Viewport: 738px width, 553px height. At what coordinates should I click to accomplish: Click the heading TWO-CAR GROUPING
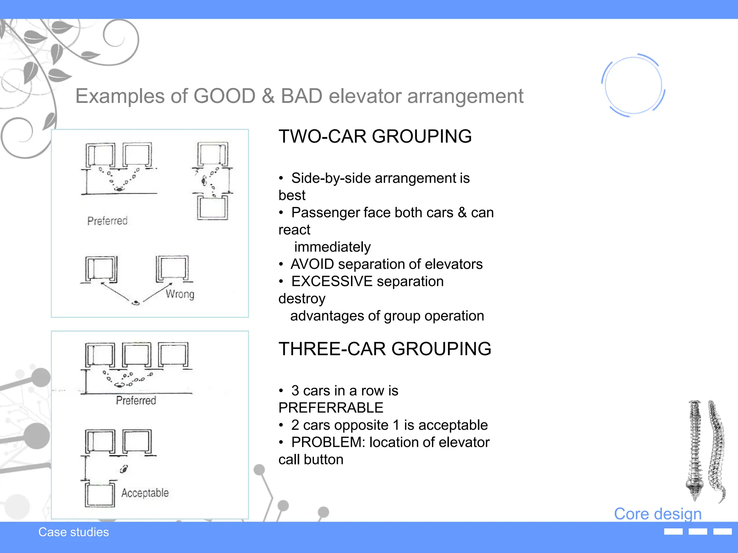pyautogui.click(x=375, y=136)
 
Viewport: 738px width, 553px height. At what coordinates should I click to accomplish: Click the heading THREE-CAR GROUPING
pyautogui.click(x=384, y=349)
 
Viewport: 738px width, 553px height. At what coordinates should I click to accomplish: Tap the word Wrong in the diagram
pyautogui.click(x=180, y=294)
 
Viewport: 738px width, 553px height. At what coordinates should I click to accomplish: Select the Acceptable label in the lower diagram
pyautogui.click(x=145, y=493)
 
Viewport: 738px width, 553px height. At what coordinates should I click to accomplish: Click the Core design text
pyautogui.click(x=658, y=514)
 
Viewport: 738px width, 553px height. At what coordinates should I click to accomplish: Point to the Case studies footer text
pyautogui.click(x=74, y=532)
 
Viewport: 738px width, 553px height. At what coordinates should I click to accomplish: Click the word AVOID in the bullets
pyautogui.click(x=312, y=264)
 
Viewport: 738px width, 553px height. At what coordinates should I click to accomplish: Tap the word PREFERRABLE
pyautogui.click(x=331, y=408)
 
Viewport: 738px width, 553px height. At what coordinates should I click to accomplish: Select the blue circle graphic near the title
pyautogui.click(x=633, y=85)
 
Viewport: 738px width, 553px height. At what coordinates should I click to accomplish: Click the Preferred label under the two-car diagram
pyautogui.click(x=107, y=221)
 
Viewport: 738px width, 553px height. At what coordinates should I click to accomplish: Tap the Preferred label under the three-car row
pyautogui.click(x=136, y=400)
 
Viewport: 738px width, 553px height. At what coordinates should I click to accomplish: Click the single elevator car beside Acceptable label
pyautogui.click(x=100, y=494)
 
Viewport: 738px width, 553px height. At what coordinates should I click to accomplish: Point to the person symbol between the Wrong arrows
pyautogui.click(x=135, y=303)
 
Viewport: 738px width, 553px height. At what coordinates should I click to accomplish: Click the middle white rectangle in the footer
pyautogui.click(x=698, y=532)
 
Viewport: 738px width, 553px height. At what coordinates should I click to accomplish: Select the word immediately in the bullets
pyautogui.click(x=332, y=247)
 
